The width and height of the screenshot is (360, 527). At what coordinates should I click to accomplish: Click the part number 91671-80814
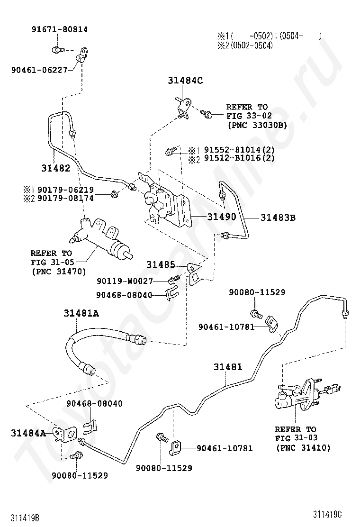(59, 29)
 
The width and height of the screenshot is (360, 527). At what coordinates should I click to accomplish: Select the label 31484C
(185, 81)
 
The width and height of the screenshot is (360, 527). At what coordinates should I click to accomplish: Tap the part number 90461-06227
(39, 70)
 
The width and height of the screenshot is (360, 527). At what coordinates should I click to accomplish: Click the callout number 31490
(220, 217)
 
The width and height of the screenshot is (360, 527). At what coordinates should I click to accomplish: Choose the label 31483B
(278, 218)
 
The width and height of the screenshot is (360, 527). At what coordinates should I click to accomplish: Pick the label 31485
(161, 264)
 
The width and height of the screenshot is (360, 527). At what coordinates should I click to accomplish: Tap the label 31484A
(28, 433)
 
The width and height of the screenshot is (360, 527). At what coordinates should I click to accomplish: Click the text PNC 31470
(58, 272)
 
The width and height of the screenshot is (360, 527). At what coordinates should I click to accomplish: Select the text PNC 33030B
(257, 125)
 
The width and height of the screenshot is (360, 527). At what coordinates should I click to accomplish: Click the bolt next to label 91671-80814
(56, 49)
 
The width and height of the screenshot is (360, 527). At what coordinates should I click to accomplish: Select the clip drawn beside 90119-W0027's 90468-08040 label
(171, 295)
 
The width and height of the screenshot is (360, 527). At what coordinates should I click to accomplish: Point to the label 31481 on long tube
(227, 367)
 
